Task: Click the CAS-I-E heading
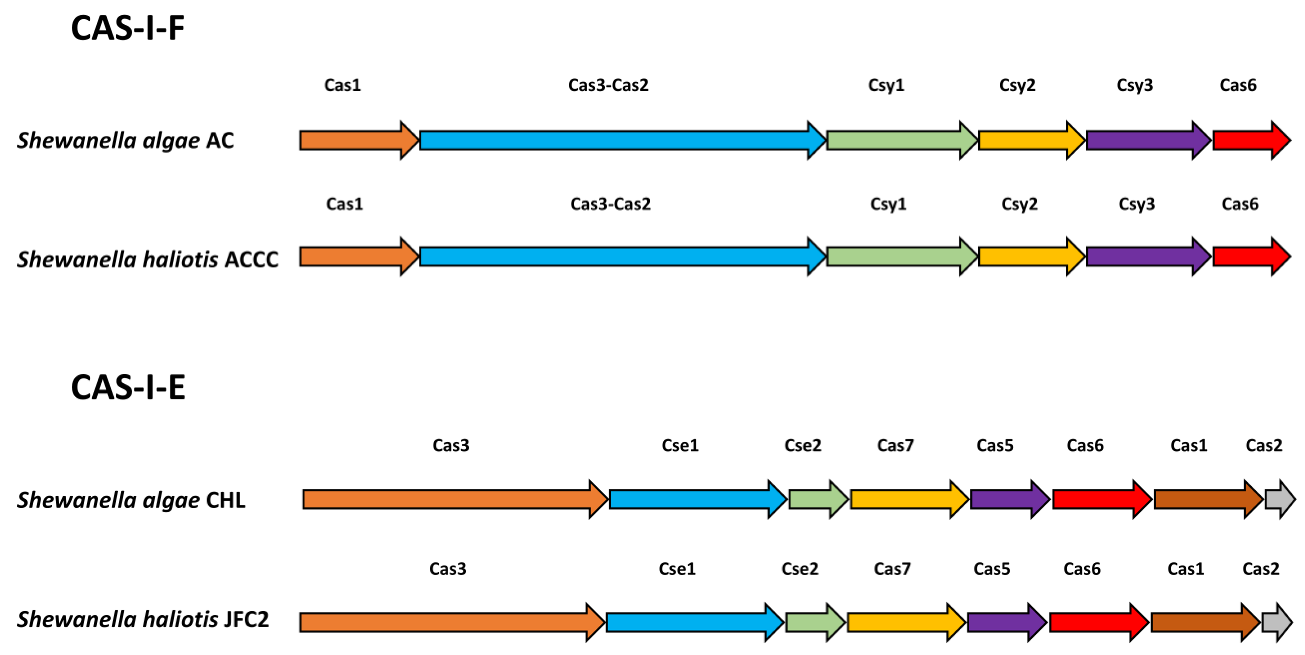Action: coord(128,388)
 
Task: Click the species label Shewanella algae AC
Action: coord(125,140)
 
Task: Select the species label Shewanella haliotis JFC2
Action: coord(142,619)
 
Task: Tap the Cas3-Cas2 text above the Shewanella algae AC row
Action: coord(608,85)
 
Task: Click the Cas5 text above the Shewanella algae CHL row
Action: coord(995,445)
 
